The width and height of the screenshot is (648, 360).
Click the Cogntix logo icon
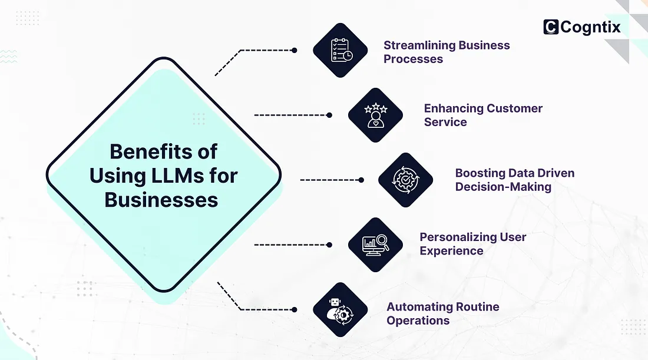pyautogui.click(x=551, y=27)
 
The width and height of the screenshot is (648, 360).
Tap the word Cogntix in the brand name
pyautogui.click(x=590, y=27)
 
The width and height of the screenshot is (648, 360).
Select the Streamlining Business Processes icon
pyautogui.click(x=340, y=51)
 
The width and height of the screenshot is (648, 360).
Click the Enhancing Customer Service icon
pyautogui.click(x=375, y=115)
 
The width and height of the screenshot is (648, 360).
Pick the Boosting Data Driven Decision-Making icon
pyautogui.click(x=405, y=180)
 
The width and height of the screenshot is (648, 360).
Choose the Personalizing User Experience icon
pyautogui.click(x=375, y=244)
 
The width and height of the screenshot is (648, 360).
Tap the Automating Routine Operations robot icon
pyautogui.click(x=340, y=309)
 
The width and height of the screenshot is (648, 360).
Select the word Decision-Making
pyautogui.click(x=503, y=187)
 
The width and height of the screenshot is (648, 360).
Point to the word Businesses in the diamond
pyautogui.click(x=161, y=199)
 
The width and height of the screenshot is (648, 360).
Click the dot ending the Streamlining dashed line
pyautogui.click(x=295, y=51)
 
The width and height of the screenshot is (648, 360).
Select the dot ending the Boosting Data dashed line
pyautogui.click(x=361, y=180)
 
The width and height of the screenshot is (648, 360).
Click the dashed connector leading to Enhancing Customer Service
pyautogui.click(x=292, y=115)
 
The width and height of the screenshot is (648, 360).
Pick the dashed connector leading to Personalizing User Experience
pyautogui.click(x=292, y=244)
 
